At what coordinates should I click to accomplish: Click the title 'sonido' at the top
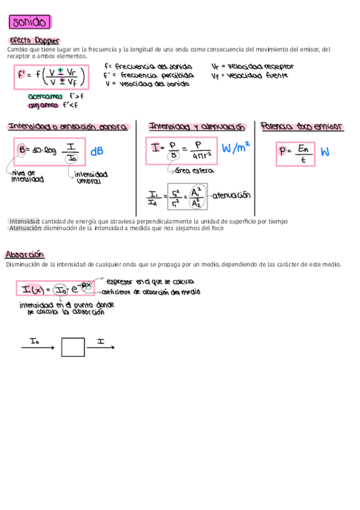click(29, 23)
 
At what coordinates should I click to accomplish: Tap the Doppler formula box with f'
click(50, 76)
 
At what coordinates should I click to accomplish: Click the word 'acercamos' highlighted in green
click(46, 96)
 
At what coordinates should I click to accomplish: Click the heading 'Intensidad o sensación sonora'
click(67, 127)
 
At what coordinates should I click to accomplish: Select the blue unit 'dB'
click(97, 152)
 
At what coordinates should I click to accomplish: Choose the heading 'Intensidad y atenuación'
click(197, 127)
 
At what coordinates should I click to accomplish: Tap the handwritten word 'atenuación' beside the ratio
click(231, 195)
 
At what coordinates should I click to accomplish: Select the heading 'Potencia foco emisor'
click(302, 127)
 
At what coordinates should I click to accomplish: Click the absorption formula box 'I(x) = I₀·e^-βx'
click(55, 289)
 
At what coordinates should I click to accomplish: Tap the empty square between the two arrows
click(73, 348)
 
